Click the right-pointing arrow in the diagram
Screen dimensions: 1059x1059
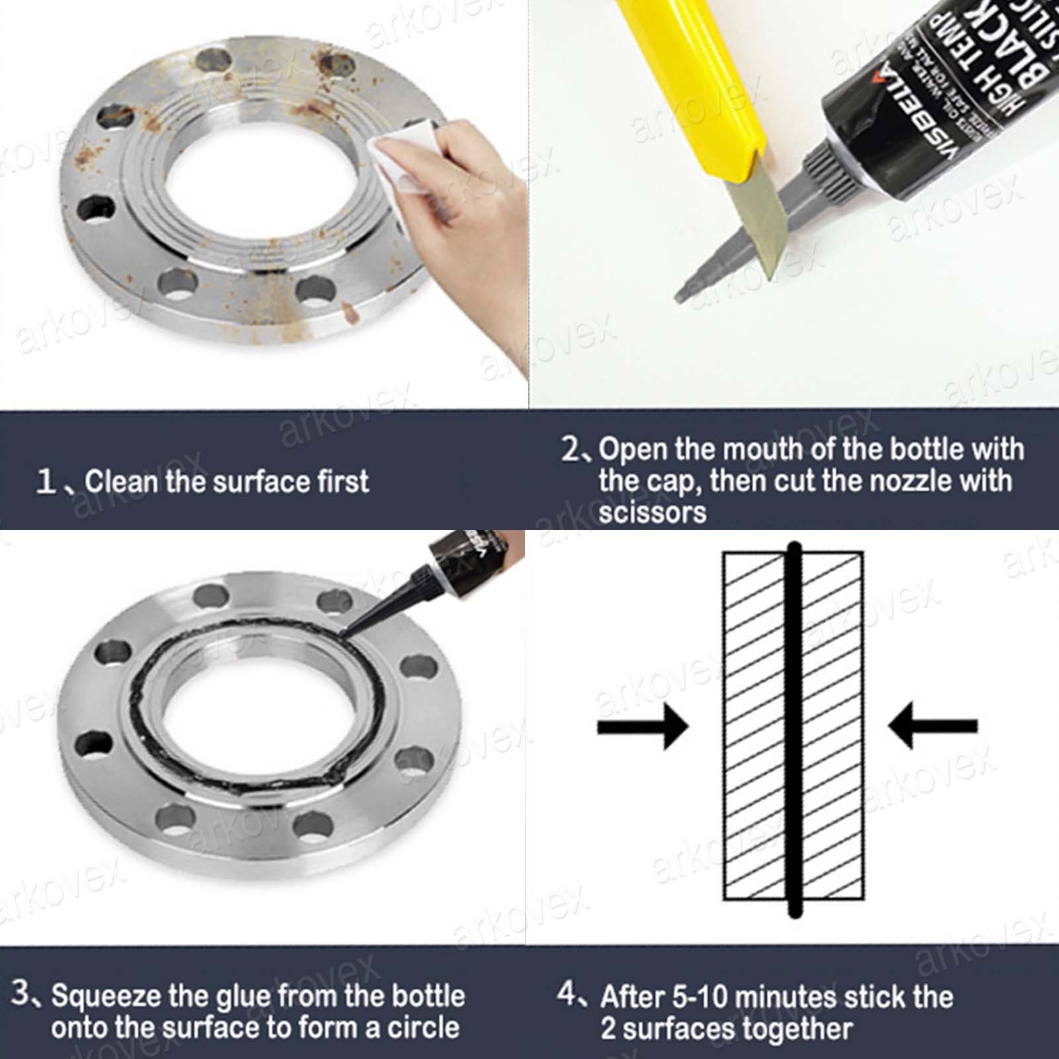642,726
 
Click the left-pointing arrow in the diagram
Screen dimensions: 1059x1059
933,726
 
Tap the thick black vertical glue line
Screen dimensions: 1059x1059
794,728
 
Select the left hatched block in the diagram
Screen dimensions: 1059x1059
755,728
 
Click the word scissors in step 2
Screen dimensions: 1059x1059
652,512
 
